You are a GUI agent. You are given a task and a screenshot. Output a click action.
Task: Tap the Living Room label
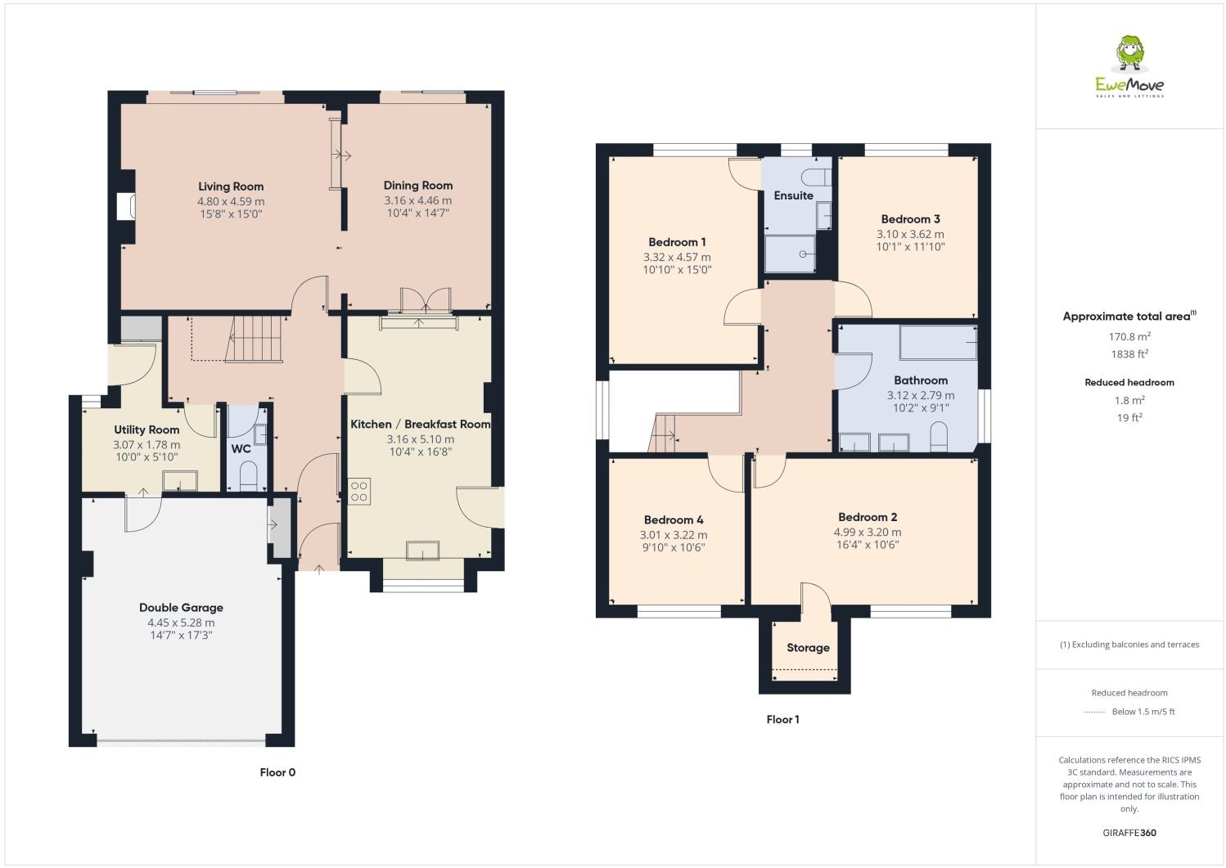tap(231, 187)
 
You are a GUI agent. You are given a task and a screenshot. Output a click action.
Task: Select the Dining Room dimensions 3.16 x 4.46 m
tap(417, 200)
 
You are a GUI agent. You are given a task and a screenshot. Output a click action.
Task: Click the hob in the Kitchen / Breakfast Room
tap(359, 491)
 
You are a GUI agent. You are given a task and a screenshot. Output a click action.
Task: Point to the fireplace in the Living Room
tap(126, 206)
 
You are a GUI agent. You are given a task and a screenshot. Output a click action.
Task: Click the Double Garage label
tap(181, 608)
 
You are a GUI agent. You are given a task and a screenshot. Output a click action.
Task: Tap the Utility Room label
tap(146, 430)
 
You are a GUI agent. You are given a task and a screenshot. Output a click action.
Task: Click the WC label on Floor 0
tap(241, 449)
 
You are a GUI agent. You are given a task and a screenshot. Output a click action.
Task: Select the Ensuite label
tap(793, 196)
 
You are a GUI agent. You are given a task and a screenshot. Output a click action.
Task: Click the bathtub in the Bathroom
tap(938, 343)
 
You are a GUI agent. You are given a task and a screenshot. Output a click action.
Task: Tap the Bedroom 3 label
tap(910, 219)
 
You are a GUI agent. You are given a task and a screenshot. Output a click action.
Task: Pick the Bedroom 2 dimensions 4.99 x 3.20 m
tap(868, 532)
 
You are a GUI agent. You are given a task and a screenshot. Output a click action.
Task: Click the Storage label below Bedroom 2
tap(808, 648)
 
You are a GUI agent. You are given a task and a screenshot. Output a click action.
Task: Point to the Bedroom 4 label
tap(674, 520)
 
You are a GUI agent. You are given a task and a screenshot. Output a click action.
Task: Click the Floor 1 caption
tap(782, 720)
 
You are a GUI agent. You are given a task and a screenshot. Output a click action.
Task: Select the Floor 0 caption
tap(277, 772)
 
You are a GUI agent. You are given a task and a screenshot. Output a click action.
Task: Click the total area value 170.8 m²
tap(1129, 336)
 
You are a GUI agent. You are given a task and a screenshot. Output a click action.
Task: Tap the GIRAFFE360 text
tap(1129, 834)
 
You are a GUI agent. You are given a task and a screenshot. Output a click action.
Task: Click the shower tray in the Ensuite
tap(790, 254)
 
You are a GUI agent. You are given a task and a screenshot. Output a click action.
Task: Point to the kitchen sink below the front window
tap(422, 551)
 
